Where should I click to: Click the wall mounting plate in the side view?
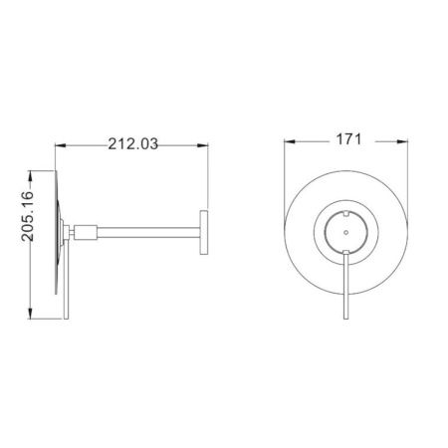(204, 234)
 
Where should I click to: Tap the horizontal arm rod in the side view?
(149, 234)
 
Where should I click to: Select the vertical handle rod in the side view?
(66, 299)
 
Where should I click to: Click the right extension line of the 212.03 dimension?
(207, 179)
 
